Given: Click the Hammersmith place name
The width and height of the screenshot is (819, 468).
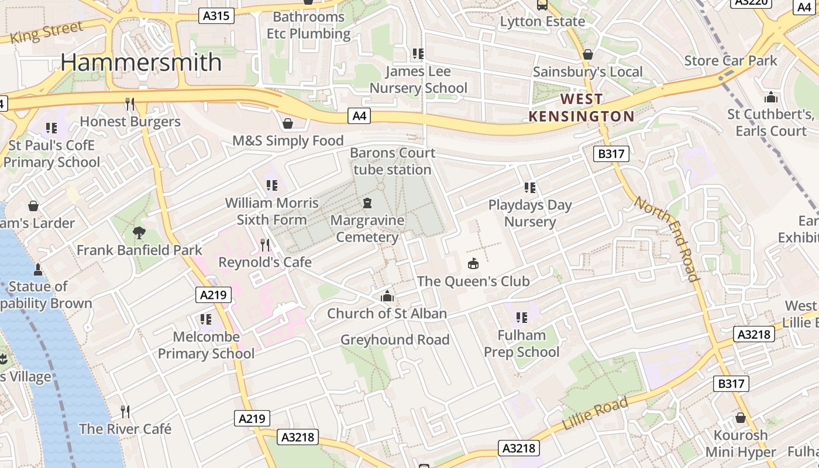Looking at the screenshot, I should [141, 63].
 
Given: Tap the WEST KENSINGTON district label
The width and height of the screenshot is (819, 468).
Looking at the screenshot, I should [581, 108].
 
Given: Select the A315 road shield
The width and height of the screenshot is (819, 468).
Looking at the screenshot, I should [218, 16].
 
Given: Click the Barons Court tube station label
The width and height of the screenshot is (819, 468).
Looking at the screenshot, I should [393, 161].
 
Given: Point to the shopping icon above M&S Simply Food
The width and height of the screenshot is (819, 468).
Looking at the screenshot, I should [288, 123].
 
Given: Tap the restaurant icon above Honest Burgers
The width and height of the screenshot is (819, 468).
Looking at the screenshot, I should [130, 104].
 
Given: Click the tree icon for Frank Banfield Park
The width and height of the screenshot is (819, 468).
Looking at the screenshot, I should [139, 233].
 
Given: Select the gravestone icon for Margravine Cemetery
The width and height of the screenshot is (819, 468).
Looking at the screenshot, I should [367, 204].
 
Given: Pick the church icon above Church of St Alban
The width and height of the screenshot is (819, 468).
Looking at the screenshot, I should [387, 297].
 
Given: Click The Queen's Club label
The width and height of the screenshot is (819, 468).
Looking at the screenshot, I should [473, 281].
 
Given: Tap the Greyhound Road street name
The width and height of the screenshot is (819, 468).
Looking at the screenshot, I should [395, 340].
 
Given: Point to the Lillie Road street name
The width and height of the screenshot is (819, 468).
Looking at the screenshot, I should [595, 413].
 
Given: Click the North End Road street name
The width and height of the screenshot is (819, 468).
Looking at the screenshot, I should [667, 239].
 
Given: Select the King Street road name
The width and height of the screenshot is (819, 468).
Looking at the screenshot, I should [47, 32].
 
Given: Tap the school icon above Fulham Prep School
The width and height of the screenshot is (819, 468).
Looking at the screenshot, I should [521, 318].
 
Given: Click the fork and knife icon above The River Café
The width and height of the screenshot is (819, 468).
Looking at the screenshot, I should [125, 411].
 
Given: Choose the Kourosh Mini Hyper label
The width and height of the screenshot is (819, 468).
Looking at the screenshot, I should [741, 444].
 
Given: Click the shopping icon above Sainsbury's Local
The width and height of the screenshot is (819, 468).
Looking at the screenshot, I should [588, 54].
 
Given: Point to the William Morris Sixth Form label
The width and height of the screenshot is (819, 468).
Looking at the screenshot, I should [272, 211].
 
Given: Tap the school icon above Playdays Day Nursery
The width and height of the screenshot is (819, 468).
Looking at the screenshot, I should [530, 188].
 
